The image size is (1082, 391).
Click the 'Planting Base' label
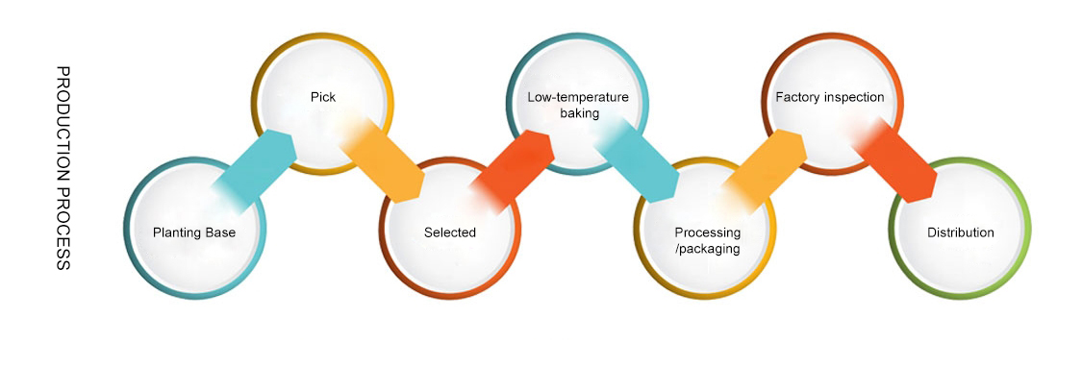point(194,232)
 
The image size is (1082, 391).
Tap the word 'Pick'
point(323,97)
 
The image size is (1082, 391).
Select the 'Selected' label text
point(450,232)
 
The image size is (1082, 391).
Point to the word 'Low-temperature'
point(578,97)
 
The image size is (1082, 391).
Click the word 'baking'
point(579,113)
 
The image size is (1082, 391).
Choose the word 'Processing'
point(707,232)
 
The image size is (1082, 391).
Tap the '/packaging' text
point(708,248)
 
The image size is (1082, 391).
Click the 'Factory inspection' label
point(829,97)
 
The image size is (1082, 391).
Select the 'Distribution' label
point(961,232)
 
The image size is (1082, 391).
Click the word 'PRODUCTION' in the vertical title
point(63,124)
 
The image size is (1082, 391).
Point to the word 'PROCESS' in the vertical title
point(63,229)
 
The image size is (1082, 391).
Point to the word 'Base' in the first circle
point(221,232)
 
